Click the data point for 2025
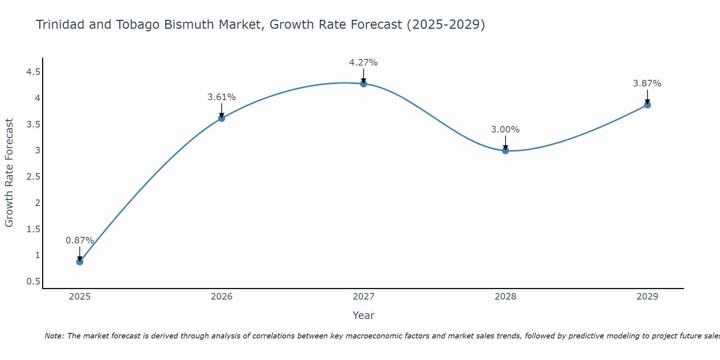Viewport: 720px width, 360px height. click(80, 262)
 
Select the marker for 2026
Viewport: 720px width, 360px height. click(221, 118)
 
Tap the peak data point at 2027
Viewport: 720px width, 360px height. click(364, 84)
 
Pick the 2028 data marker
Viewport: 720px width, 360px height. click(505, 150)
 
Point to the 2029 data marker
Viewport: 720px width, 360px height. click(647, 105)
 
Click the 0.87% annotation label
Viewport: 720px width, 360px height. click(80, 240)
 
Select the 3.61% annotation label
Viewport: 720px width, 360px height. click(221, 97)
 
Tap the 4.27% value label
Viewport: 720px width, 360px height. click(364, 63)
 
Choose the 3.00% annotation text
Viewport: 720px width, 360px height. click(505, 130)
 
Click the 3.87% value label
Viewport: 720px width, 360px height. click(647, 84)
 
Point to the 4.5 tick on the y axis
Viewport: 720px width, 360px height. click(33, 72)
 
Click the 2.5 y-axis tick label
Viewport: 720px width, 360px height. click(33, 177)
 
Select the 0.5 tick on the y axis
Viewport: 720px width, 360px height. click(33, 282)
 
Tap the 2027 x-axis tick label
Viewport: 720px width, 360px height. click(364, 297)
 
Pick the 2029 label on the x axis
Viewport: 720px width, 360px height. click(647, 297)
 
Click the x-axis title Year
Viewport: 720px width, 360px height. click(364, 315)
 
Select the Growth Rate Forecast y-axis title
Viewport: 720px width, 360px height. click(9, 173)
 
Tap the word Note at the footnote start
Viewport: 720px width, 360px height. click(54, 336)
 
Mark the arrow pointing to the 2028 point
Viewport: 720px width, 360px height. click(505, 143)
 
